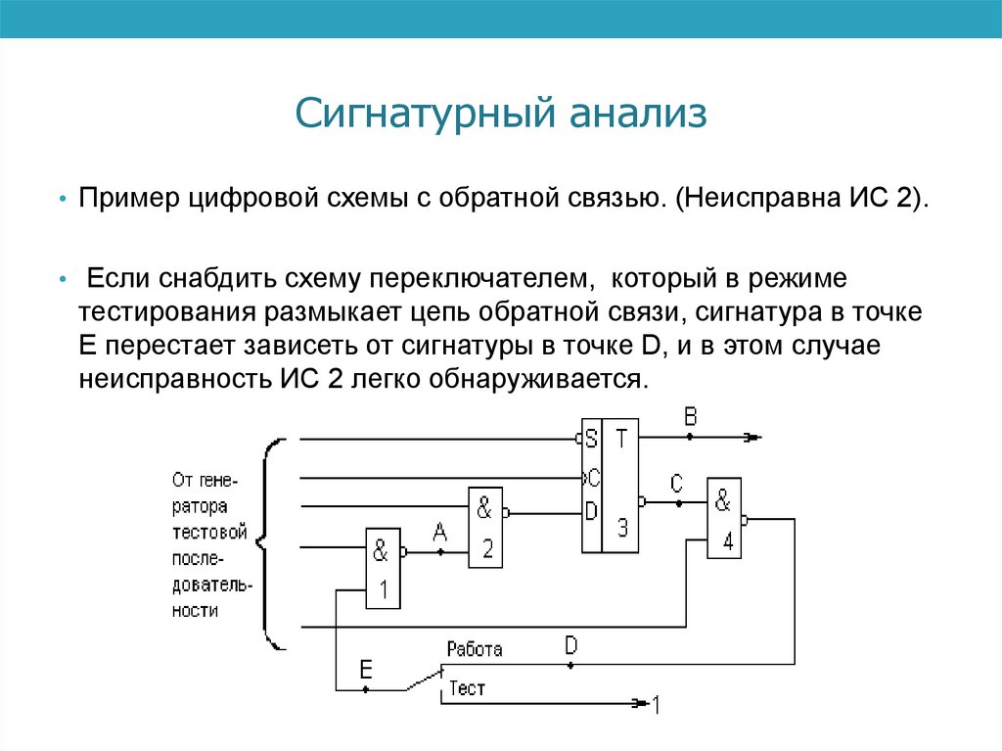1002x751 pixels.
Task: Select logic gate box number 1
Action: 382,567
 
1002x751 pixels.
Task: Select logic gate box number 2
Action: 484,527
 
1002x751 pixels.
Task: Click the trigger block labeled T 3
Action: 621,486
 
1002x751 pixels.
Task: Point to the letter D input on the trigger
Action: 591,511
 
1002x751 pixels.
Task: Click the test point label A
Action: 439,532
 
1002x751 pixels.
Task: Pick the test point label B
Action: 690,418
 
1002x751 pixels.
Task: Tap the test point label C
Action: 676,483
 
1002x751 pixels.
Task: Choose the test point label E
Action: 365,670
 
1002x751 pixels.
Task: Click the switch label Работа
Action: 475,649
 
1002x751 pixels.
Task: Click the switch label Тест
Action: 468,689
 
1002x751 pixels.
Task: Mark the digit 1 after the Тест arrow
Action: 657,704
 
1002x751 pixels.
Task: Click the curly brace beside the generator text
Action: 272,543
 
